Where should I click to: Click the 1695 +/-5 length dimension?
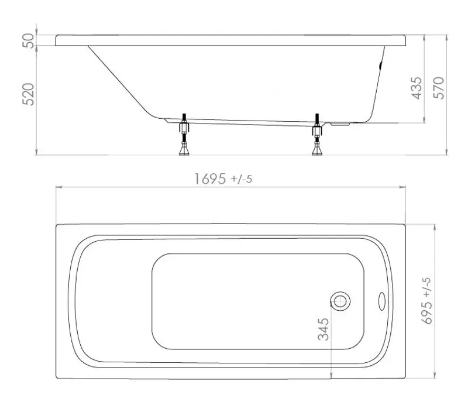tap(223, 179)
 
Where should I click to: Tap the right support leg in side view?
tap(318, 136)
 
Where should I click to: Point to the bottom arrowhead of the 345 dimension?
tap(332, 377)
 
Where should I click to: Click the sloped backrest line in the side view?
tap(120, 79)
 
